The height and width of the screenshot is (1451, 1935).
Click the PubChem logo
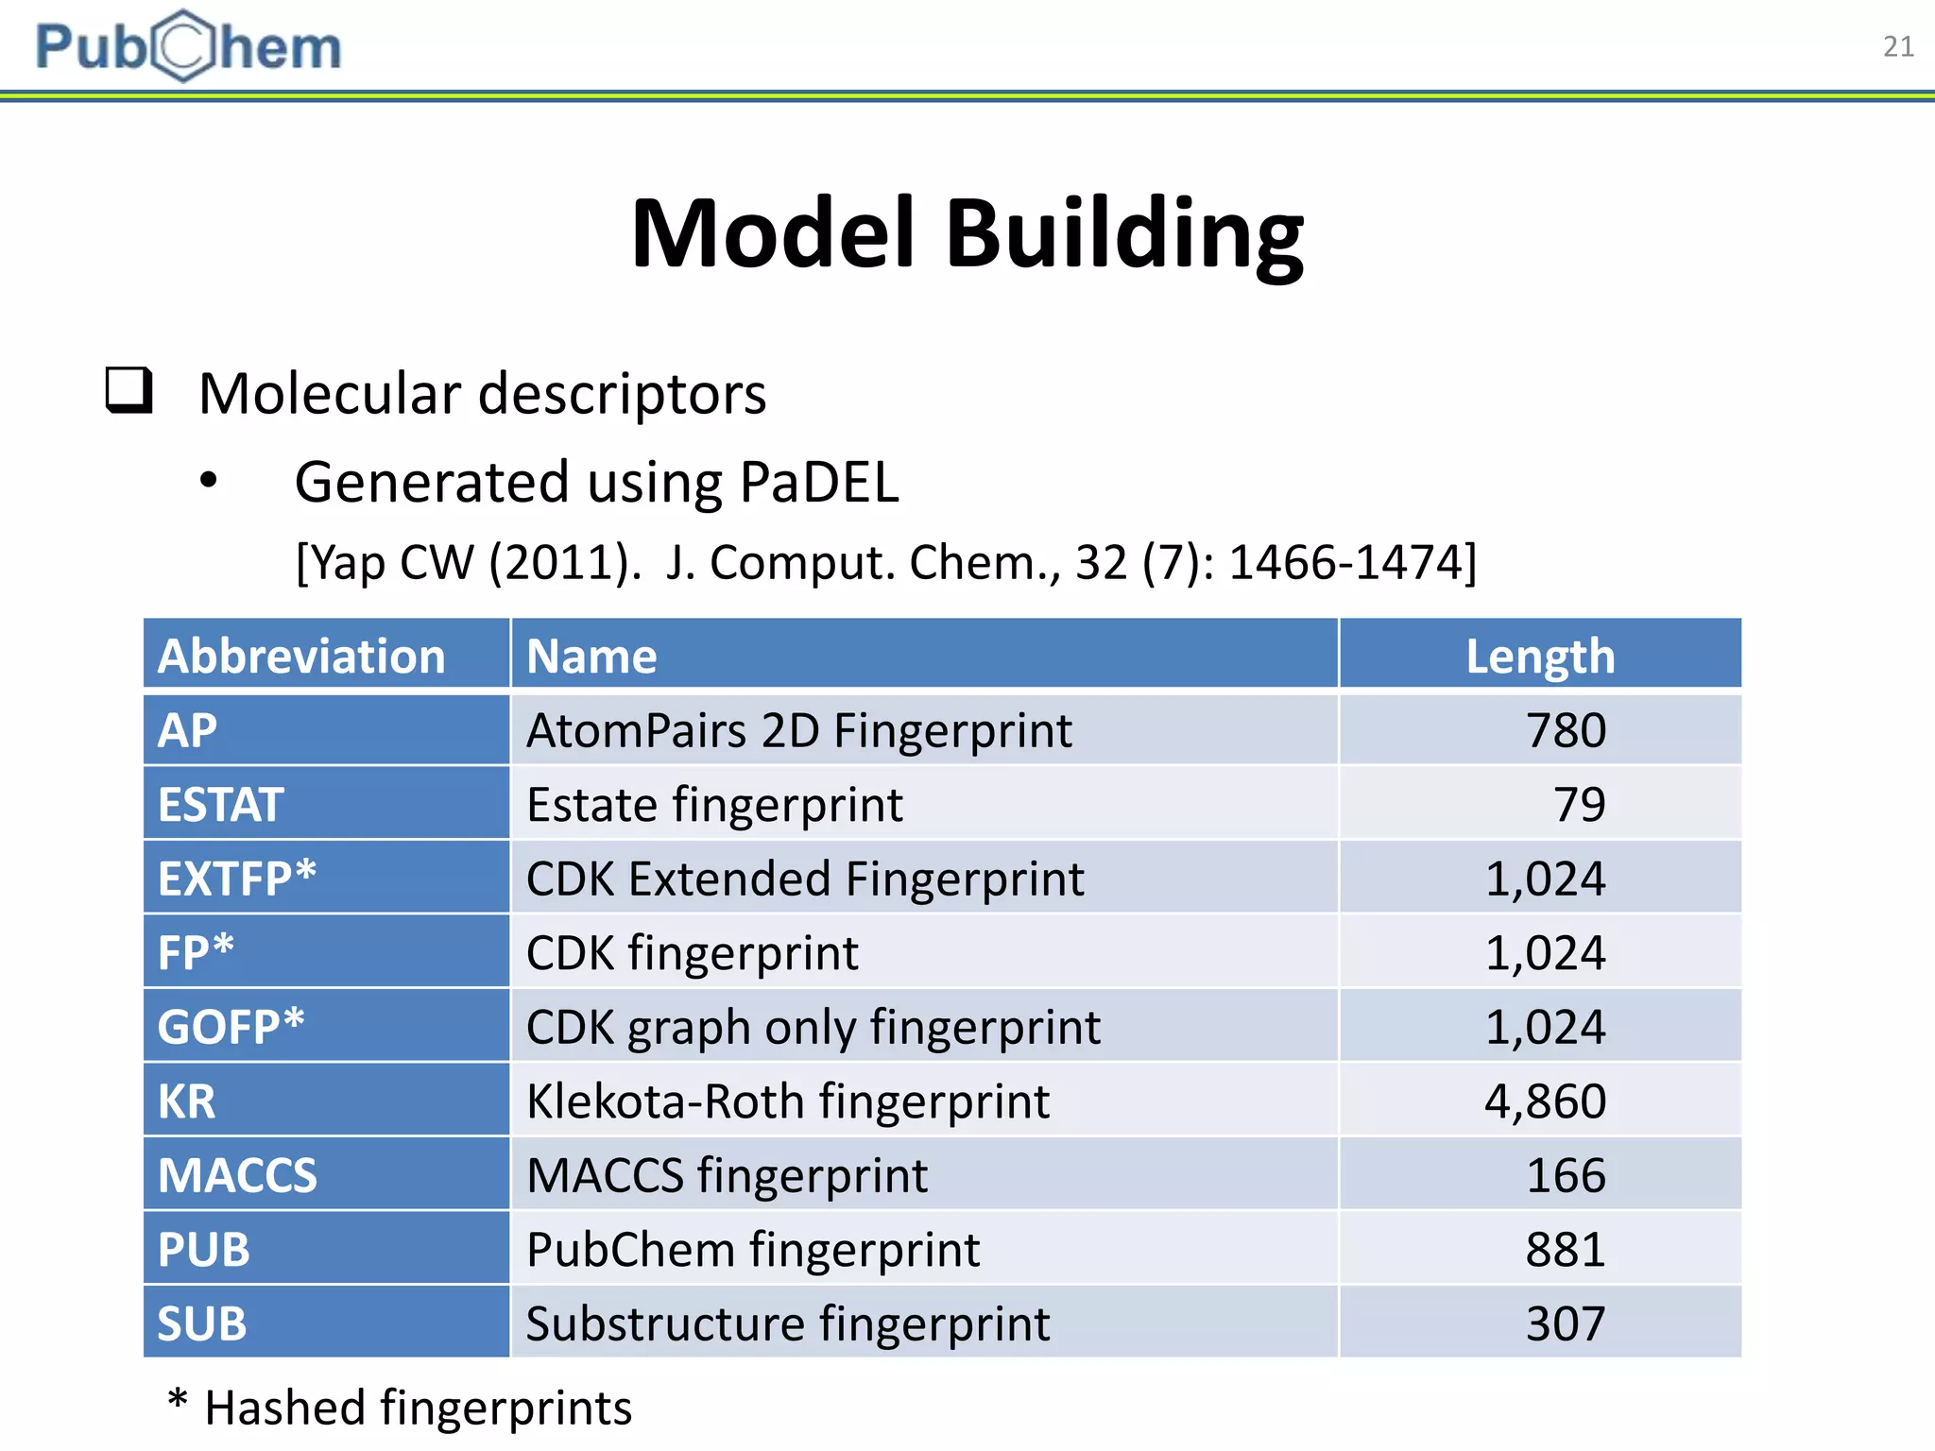tap(188, 46)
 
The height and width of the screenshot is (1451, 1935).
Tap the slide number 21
tap(1898, 46)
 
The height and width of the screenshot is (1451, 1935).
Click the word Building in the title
tap(1124, 233)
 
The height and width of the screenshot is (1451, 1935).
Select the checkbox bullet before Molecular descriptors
tap(128, 390)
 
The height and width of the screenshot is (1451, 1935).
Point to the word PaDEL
tap(818, 483)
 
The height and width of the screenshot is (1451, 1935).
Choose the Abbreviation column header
tap(301, 656)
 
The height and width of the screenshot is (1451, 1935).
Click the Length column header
tap(1540, 656)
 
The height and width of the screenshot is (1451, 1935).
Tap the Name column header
tap(591, 656)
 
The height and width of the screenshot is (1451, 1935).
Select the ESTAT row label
tap(220, 805)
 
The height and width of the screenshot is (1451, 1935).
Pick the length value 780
tap(1566, 730)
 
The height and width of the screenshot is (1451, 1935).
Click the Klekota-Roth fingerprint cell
tap(788, 1101)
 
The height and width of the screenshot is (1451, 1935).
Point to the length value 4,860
tap(1545, 1101)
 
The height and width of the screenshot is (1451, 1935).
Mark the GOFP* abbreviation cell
tap(231, 1027)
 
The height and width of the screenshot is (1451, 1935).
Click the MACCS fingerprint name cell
tap(727, 1176)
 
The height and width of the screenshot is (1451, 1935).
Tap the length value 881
tap(1566, 1250)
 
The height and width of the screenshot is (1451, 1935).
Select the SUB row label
tap(202, 1323)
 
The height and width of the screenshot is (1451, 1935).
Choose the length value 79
tap(1579, 805)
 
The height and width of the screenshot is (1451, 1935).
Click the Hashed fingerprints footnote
tap(401, 1407)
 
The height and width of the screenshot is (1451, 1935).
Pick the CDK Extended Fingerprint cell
tap(805, 879)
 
